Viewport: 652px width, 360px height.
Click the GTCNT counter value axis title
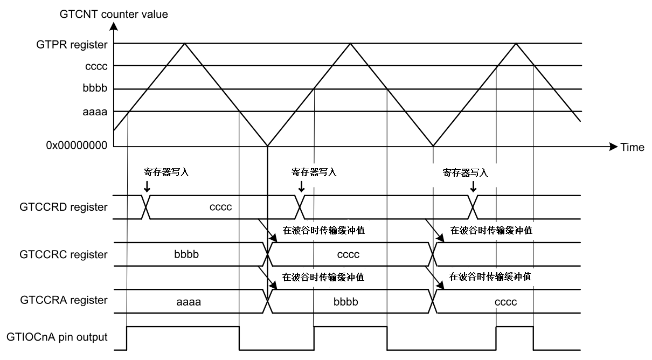pos(114,14)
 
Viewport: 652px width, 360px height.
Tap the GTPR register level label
pos(72,45)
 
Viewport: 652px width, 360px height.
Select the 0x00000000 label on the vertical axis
pos(77,145)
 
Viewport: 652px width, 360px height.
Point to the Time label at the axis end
pos(632,147)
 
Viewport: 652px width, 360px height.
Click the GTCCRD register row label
pos(64,207)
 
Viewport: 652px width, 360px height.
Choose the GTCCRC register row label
pos(64,254)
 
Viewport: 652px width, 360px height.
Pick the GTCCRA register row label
pos(64,300)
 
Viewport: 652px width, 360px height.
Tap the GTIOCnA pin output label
pos(57,337)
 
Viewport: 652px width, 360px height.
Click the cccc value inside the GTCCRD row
pos(220,207)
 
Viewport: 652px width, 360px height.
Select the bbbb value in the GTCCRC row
pos(186,254)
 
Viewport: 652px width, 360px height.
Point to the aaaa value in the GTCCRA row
pos(189,302)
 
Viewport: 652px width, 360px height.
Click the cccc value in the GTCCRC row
pos(348,255)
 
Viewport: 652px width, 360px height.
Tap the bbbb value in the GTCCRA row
pos(346,301)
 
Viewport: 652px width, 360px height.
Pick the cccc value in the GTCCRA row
pos(505,302)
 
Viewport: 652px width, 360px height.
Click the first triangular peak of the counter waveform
pos(184,43)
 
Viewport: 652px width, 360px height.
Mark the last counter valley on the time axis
pos(433,146)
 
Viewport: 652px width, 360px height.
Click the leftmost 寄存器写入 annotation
pos(166,172)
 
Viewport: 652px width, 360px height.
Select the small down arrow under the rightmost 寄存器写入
pos(473,186)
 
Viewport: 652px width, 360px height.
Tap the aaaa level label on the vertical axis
pos(95,112)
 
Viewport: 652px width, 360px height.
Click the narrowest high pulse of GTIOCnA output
pos(515,327)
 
